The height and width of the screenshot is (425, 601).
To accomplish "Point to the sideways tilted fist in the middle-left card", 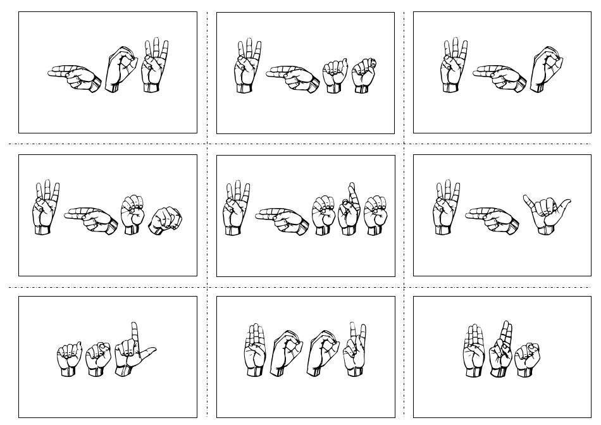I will (166, 219).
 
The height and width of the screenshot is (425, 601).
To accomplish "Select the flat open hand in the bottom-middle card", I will (255, 351).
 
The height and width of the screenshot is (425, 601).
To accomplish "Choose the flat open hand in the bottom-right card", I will (474, 352).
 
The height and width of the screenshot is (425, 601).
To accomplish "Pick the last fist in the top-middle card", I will (364, 75).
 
